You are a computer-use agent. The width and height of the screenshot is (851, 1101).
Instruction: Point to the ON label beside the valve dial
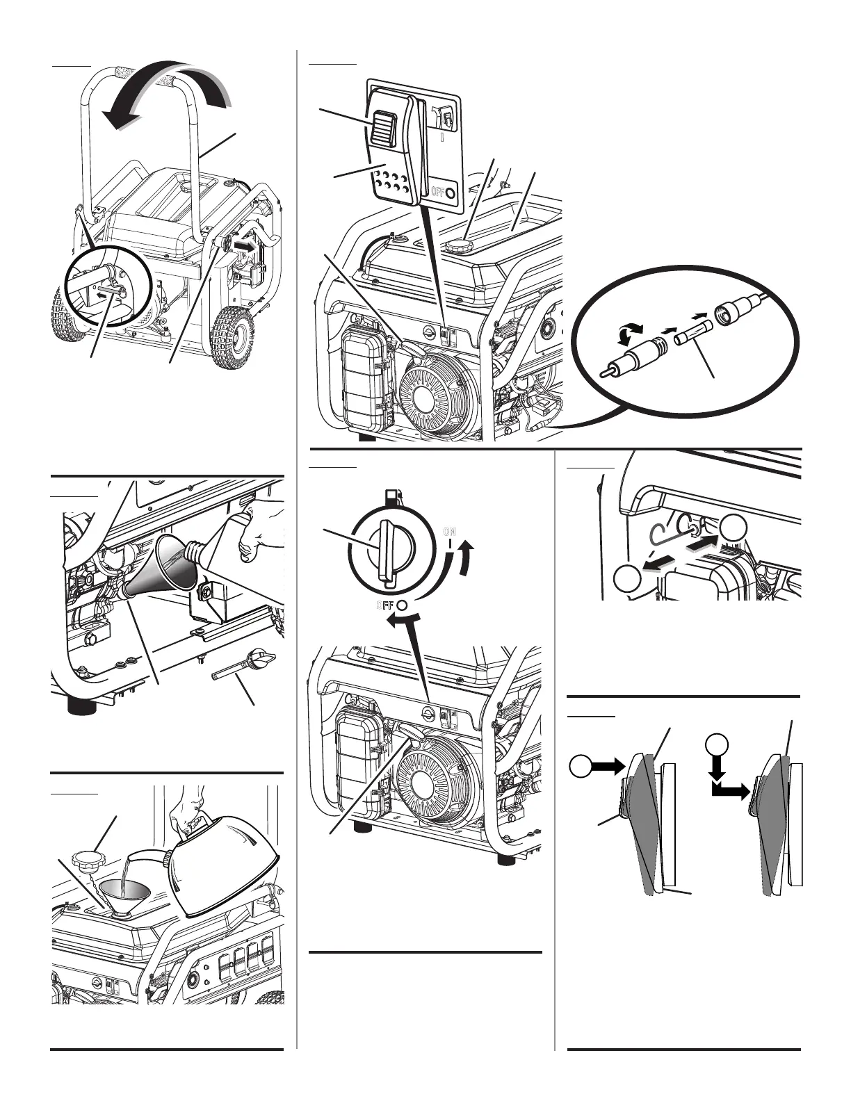(450, 532)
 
